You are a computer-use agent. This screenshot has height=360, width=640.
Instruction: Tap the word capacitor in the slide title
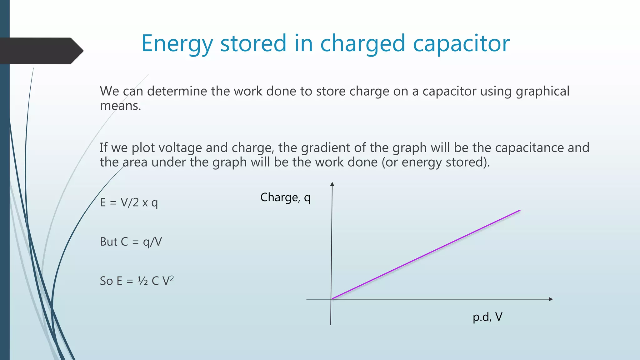pyautogui.click(x=462, y=44)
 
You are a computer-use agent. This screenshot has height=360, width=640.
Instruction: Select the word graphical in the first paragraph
pyautogui.click(x=542, y=91)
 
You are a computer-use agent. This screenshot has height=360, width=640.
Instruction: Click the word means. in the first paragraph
pyautogui.click(x=121, y=106)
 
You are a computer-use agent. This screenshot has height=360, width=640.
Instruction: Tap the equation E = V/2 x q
pyautogui.click(x=129, y=203)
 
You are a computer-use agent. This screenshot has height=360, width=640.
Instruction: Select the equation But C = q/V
pyautogui.click(x=131, y=242)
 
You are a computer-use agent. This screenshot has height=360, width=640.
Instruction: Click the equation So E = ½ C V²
pyautogui.click(x=137, y=281)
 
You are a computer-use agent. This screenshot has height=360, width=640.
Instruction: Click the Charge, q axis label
pyautogui.click(x=285, y=197)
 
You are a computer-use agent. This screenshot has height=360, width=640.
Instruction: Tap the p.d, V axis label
pyautogui.click(x=487, y=317)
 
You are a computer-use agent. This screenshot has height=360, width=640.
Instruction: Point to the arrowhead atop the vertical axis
pyautogui.click(x=332, y=184)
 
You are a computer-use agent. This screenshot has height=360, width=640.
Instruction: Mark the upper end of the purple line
pyautogui.click(x=520, y=210)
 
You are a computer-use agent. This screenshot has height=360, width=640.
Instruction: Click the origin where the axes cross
pyautogui.click(x=331, y=299)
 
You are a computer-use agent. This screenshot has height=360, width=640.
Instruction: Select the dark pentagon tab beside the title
pyautogui.click(x=41, y=51)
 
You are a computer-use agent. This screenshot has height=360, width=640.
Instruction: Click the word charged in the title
pyautogui.click(x=362, y=44)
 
